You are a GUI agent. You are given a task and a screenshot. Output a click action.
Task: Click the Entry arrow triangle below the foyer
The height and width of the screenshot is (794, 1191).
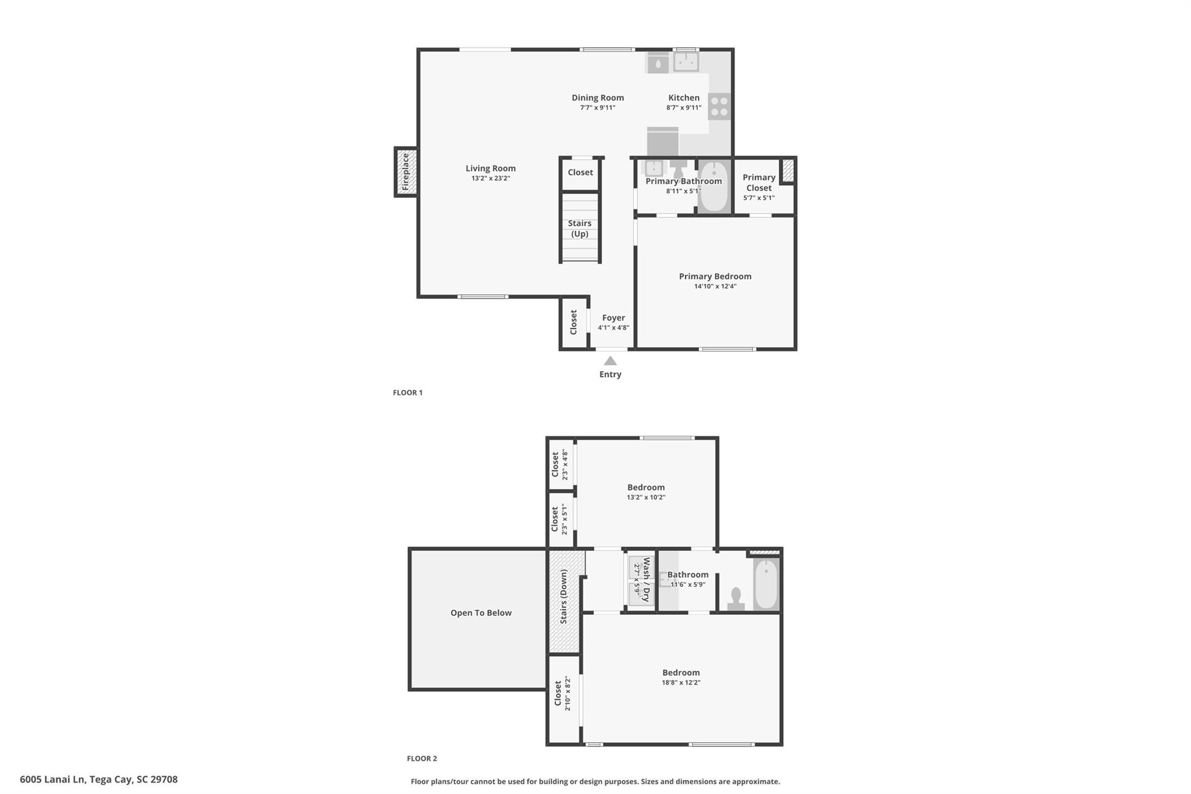tap(610, 361)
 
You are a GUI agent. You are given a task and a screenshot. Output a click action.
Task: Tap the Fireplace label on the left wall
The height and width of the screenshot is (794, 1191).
tap(406, 172)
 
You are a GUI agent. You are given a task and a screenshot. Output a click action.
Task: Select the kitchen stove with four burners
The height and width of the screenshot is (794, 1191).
tap(719, 106)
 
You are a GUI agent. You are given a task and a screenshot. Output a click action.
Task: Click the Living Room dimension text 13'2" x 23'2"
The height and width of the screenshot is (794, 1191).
tap(490, 179)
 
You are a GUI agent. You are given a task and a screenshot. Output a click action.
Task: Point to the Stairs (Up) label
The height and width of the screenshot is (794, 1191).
tap(579, 229)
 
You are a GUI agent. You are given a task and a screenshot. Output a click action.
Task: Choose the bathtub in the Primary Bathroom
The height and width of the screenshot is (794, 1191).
tap(714, 187)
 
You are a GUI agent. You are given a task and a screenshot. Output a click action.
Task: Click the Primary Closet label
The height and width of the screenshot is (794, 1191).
tap(759, 182)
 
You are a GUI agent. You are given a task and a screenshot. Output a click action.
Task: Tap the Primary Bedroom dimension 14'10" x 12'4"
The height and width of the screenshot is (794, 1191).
tap(715, 286)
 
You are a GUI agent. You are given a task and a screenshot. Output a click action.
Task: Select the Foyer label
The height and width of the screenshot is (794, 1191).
tap(614, 318)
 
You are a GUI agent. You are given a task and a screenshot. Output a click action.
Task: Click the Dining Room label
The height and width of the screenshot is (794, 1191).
tap(597, 98)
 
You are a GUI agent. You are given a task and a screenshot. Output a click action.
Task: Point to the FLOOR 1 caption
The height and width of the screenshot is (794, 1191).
tap(407, 393)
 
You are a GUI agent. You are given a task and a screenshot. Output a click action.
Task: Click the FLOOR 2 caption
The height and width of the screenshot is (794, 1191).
tap(422, 759)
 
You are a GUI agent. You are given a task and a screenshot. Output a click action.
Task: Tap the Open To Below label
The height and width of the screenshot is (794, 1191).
tap(481, 613)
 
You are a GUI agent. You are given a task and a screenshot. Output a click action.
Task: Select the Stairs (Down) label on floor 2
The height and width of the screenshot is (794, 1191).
tap(563, 597)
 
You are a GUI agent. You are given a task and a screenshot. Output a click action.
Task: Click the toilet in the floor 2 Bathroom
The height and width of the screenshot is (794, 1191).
tap(736, 600)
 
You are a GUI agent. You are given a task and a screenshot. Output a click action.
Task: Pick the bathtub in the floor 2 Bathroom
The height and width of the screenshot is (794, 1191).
tap(766, 583)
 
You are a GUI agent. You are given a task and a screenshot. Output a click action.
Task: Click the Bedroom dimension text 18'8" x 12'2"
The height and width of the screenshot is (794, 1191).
tap(680, 682)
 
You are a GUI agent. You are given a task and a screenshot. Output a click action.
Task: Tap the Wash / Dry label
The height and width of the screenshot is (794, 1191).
tap(646, 580)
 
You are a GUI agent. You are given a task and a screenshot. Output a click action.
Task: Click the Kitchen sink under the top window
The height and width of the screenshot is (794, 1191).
tap(686, 62)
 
